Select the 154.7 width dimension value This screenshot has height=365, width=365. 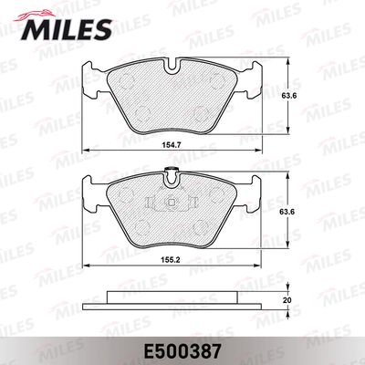click(x=172, y=145)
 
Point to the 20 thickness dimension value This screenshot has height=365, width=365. click(x=287, y=300)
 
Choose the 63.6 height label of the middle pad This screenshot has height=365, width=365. click(x=287, y=211)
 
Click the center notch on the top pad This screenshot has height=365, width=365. click(x=173, y=67)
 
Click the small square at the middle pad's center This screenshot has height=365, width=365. click(x=172, y=202)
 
